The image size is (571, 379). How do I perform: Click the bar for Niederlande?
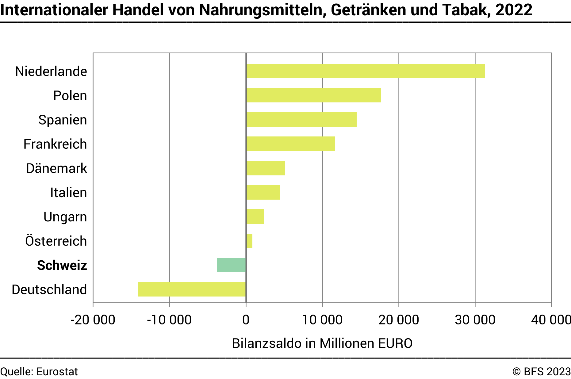pos(366,71)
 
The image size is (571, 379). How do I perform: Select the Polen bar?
pos(314,95)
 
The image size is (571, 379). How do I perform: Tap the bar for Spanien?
pos(301,120)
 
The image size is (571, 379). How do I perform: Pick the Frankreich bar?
pos(291,144)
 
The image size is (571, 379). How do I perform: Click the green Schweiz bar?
pos(232,265)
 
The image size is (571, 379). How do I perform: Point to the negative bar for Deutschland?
pos(192,289)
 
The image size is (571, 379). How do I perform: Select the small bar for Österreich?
pos(250,241)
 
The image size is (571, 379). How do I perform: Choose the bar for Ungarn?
pos(255,217)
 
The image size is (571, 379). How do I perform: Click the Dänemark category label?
pos(56,168)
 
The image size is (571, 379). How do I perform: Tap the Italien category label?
pos(68,193)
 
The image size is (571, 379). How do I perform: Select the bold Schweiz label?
pos(62,265)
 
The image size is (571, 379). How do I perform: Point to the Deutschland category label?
pos(49,289)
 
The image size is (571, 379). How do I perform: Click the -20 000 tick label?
pos(93,320)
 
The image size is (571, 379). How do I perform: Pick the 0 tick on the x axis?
pos(246,320)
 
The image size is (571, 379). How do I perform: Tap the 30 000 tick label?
pos(475,320)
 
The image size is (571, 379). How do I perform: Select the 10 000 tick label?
pos(322,320)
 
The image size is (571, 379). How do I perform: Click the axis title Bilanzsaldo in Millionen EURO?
pos(322,343)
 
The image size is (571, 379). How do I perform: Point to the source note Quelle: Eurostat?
pos(39,372)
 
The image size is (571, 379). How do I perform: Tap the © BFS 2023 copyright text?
pos(541,372)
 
